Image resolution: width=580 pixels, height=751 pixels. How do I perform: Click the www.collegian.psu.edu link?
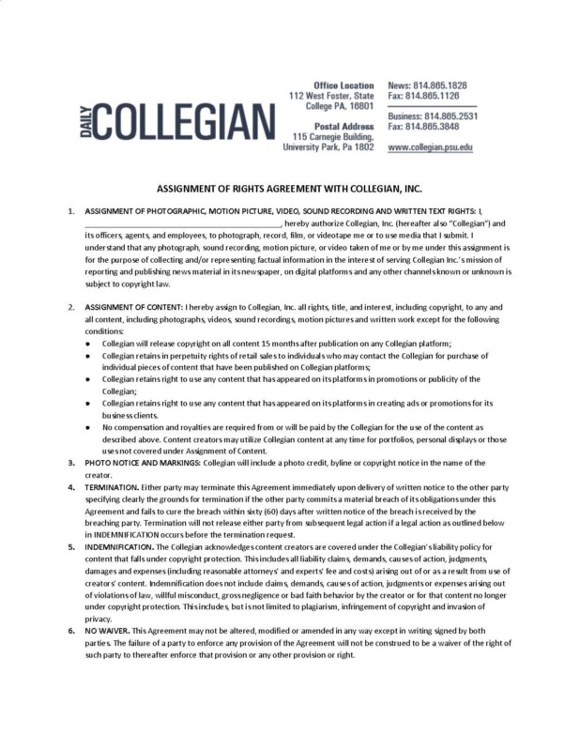(430, 147)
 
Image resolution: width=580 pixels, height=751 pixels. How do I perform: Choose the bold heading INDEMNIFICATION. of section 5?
(118, 544)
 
